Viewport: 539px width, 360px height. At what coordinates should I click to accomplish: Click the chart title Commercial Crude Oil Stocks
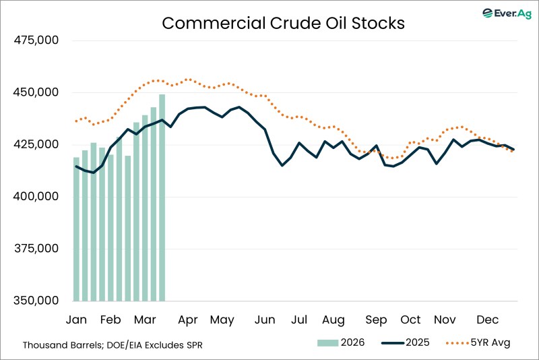click(x=283, y=23)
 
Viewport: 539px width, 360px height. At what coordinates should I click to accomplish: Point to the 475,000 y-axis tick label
click(x=37, y=40)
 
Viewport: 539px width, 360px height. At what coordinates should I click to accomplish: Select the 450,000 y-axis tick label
click(x=37, y=92)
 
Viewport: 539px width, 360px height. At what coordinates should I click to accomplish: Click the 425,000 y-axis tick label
click(x=37, y=145)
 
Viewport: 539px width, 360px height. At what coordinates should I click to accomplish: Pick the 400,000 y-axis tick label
click(x=37, y=197)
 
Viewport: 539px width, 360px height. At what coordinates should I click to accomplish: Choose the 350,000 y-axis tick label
click(x=37, y=301)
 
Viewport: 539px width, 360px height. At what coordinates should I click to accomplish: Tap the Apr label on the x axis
click(x=188, y=320)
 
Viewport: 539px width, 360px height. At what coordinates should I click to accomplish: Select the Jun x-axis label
click(x=265, y=320)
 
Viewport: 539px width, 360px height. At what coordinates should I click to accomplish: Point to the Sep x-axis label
click(x=376, y=320)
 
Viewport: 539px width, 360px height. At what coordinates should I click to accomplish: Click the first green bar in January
click(x=77, y=229)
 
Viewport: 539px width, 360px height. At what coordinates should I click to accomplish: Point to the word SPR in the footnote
click(x=193, y=344)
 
